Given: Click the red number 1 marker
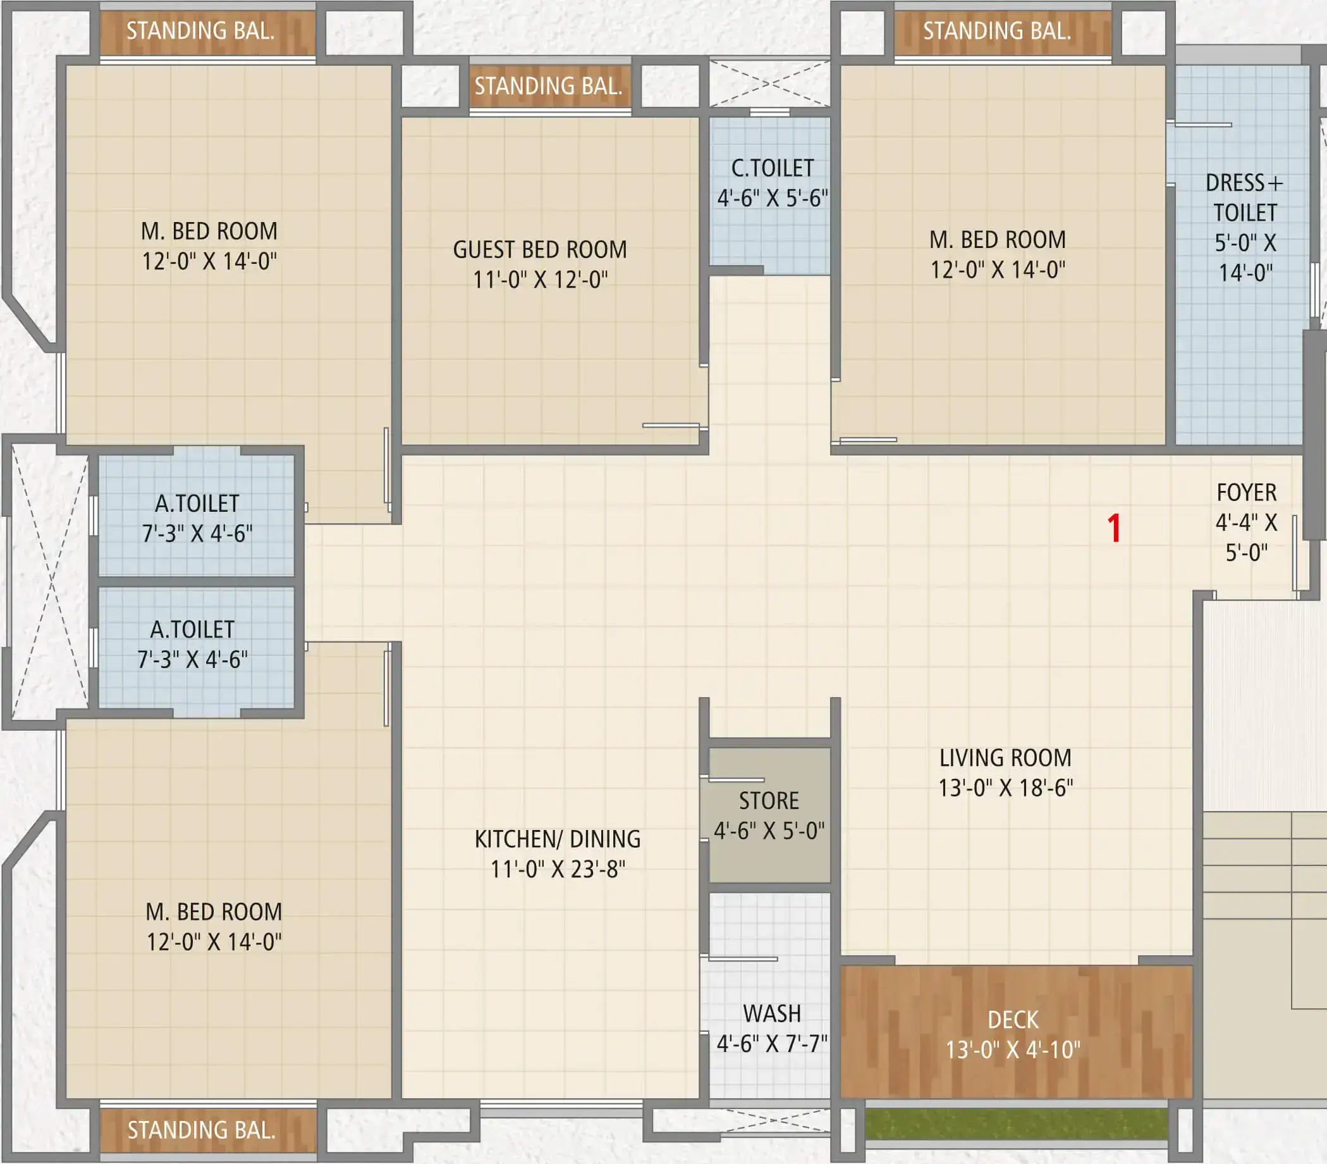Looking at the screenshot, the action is [1114, 528].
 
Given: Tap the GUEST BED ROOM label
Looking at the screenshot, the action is [540, 250].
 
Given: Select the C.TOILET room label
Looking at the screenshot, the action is [773, 169].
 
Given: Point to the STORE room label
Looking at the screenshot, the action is [769, 801].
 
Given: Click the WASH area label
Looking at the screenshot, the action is [772, 1014].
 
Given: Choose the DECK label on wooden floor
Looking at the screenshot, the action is [1013, 1020].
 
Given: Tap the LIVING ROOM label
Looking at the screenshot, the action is [1006, 758].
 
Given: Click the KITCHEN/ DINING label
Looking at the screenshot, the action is [558, 839].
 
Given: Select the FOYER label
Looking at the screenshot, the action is [1247, 493].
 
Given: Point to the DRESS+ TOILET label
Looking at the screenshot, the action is [1245, 198].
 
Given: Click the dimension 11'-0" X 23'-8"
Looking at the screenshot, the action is [558, 869].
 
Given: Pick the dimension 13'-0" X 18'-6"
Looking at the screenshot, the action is [1006, 788].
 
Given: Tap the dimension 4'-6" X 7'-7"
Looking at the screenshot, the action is [772, 1044].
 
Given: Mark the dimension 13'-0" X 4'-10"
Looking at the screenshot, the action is [1013, 1050].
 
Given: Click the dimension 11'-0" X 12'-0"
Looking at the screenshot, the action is [540, 280].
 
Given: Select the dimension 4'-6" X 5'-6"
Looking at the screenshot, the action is [773, 198].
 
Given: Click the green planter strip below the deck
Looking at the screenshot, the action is [1016, 1124].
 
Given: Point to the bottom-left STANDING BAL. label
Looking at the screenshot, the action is [201, 1131].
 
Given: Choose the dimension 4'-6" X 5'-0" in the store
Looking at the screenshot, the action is [769, 831].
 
